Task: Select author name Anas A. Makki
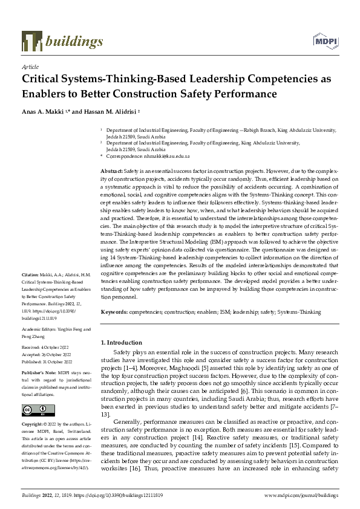[44, 113]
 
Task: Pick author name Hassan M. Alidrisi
[108, 113]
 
